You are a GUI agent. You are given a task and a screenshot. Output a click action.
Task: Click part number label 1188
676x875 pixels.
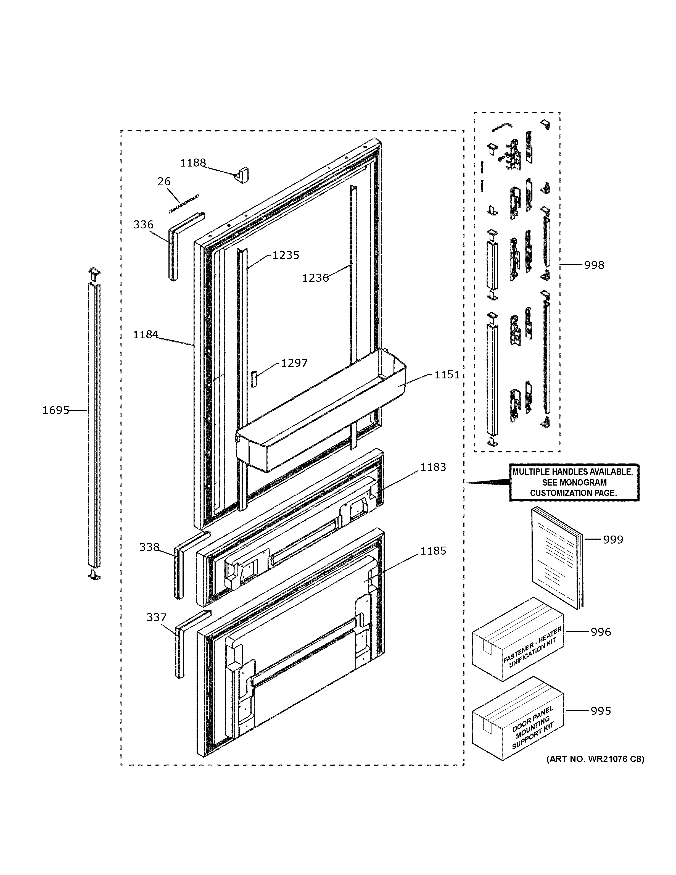pyautogui.click(x=193, y=163)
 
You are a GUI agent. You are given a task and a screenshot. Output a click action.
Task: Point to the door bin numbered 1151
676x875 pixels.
pyautogui.click(x=320, y=413)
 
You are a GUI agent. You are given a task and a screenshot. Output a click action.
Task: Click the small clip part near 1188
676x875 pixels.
pyautogui.click(x=242, y=175)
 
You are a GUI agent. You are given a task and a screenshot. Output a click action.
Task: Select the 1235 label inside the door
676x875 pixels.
pyautogui.click(x=286, y=255)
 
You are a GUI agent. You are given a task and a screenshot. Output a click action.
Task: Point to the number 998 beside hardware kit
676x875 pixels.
pyautogui.click(x=594, y=265)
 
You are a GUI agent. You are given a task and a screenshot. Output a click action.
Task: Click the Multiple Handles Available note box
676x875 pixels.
pyautogui.click(x=574, y=482)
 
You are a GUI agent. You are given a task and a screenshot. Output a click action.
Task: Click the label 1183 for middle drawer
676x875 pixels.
pyautogui.click(x=433, y=467)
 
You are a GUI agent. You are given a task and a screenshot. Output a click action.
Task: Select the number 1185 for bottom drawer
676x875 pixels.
pyautogui.click(x=433, y=551)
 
